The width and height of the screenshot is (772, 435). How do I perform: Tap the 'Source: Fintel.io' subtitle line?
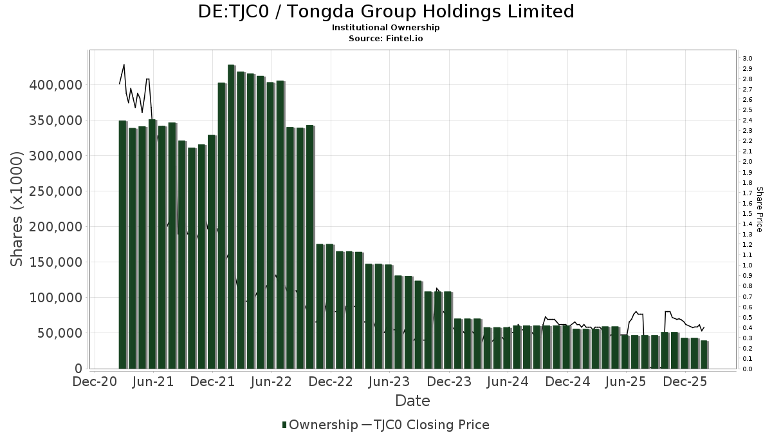(386, 38)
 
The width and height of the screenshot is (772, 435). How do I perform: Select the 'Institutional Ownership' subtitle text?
(386, 28)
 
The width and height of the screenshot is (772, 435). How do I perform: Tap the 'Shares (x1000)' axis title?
(17, 209)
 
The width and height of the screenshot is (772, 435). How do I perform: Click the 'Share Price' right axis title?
(759, 209)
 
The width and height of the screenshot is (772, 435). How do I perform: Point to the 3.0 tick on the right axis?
(747, 59)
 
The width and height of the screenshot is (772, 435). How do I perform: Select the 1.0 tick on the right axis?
(747, 266)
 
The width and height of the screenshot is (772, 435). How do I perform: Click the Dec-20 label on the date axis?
(95, 382)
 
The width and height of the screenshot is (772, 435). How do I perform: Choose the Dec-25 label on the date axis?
(685, 382)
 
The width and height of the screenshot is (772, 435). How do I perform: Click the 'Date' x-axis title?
(412, 401)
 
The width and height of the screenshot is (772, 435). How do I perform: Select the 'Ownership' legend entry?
(320, 425)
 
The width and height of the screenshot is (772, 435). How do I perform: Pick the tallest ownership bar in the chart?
(231, 217)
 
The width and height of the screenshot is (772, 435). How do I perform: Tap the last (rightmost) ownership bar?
(704, 354)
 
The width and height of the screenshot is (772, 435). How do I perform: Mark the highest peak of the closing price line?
(124, 64)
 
